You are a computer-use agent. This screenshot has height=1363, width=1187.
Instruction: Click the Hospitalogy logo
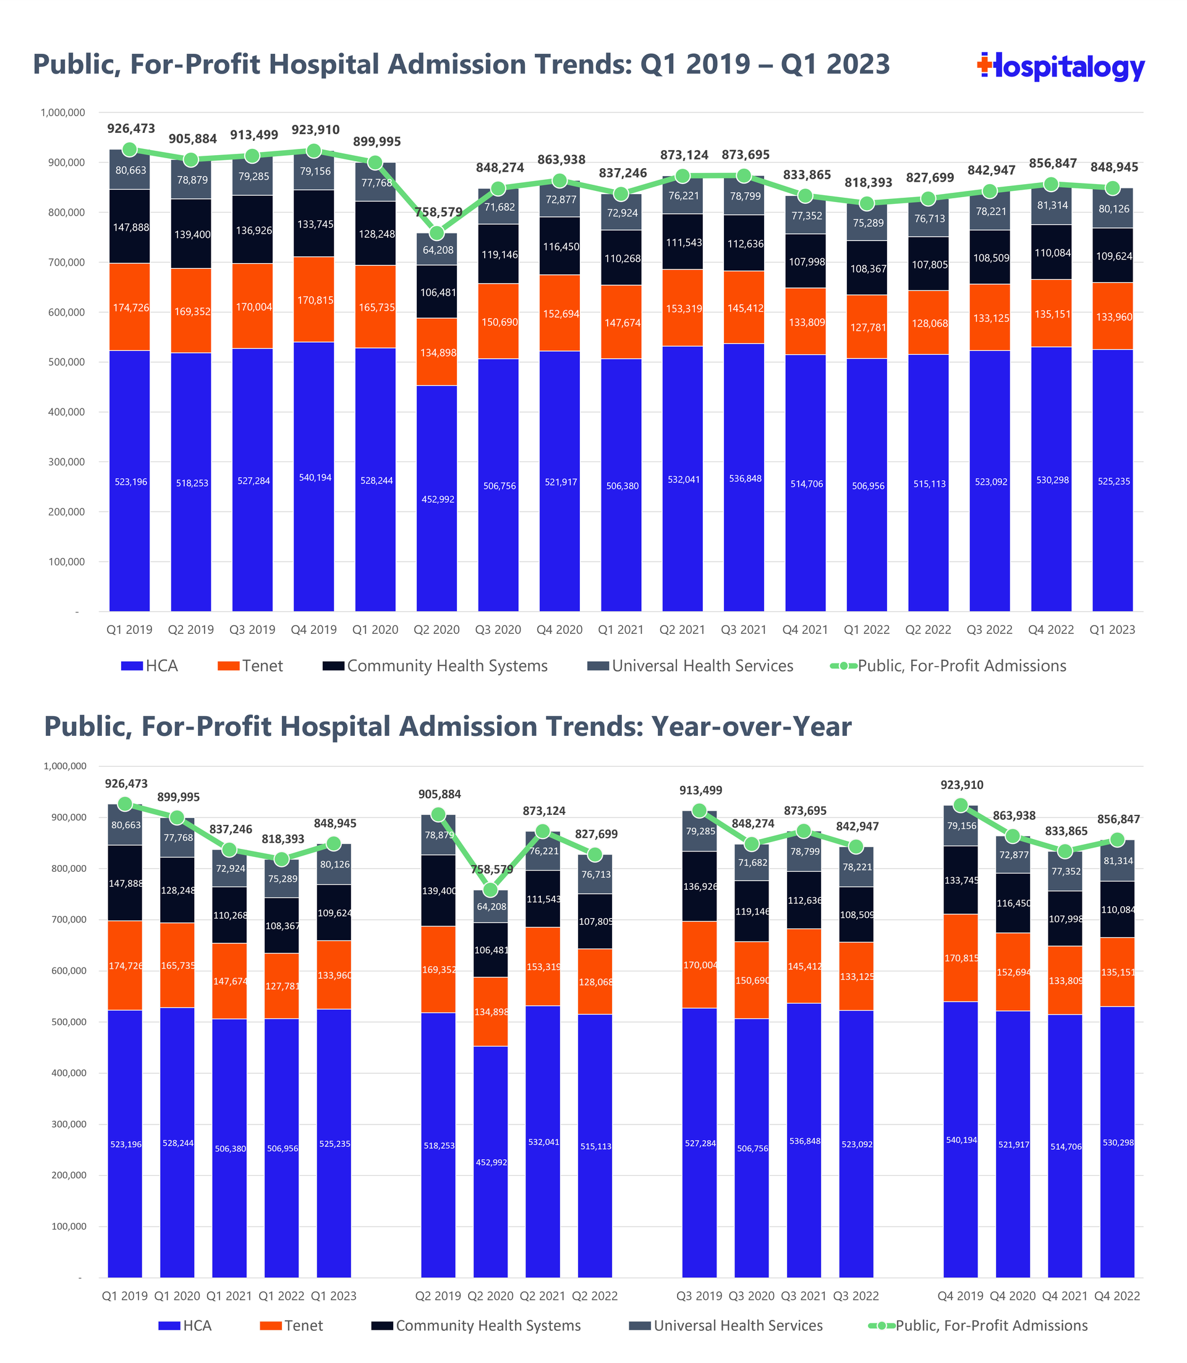coord(1060,67)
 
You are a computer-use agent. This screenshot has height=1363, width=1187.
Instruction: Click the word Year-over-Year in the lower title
coord(751,727)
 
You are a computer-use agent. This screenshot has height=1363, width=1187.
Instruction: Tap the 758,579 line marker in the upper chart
coord(436,233)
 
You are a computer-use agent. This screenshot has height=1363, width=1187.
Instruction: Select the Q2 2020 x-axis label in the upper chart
coord(436,630)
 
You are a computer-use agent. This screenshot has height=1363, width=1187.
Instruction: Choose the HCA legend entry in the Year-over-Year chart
coord(185,1325)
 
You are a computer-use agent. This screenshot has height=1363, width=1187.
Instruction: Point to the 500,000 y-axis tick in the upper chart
coord(63,362)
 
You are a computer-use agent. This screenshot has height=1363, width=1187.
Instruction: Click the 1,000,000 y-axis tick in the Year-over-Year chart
coord(65,766)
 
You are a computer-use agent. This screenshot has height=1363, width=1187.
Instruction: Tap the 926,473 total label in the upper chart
coord(131,129)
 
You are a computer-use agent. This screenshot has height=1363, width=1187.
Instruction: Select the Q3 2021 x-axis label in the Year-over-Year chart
coord(804,1296)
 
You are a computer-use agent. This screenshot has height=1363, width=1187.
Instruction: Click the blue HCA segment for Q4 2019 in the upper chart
coord(314,476)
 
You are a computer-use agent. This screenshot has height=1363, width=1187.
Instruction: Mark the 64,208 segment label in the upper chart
coord(438,250)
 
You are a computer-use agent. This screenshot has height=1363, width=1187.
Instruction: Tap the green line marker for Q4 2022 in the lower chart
coord(1117,840)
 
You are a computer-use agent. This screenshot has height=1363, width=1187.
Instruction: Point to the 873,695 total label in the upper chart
coord(745,155)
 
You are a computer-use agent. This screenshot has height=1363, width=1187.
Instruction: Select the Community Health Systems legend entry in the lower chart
coord(476,1325)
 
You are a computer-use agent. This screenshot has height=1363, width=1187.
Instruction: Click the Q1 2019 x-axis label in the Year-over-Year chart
coord(124,1296)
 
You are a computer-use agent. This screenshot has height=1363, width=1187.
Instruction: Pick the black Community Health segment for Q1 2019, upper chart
coord(130,226)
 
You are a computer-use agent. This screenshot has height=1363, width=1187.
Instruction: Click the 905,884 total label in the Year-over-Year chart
coord(439,795)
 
